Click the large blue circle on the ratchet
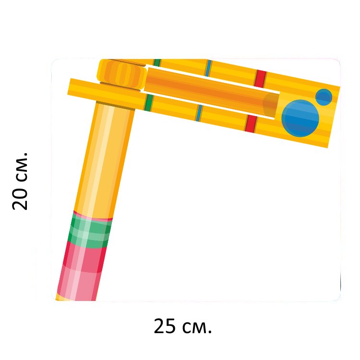click(x=300, y=119)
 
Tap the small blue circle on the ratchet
click(x=324, y=97)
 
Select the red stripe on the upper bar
click(x=261, y=79)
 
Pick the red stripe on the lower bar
click(x=251, y=124)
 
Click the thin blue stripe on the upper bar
click(x=208, y=68)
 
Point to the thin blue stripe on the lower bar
click(x=199, y=113)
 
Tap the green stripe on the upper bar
click(x=157, y=62)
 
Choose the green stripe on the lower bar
click(x=149, y=102)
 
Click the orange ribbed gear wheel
click(x=122, y=73)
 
